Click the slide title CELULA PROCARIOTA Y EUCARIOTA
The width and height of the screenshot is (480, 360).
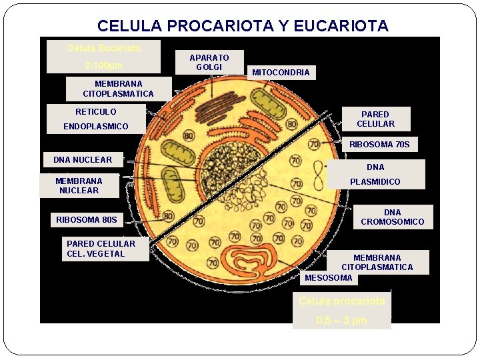tap(242, 26)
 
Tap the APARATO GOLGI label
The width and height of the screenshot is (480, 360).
tap(209, 63)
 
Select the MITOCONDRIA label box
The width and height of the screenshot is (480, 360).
tap(281, 72)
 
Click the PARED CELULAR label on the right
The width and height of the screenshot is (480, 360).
tap(375, 119)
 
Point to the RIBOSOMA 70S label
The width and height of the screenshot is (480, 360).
tap(379, 145)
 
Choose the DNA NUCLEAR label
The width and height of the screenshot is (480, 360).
tap(83, 160)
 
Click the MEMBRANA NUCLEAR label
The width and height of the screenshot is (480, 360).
tap(79, 186)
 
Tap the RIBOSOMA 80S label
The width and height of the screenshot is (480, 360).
tap(87, 219)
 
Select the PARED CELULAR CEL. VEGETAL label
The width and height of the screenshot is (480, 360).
tap(101, 249)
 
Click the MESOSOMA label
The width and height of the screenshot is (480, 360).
tap(328, 278)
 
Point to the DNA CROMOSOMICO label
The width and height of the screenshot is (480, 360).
tap(392, 217)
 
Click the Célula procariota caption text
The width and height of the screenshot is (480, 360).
tap(342, 301)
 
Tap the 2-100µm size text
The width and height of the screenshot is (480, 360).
tap(104, 66)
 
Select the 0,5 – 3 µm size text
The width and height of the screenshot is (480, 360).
tap(341, 321)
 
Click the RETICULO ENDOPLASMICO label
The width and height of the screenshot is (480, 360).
tap(96, 119)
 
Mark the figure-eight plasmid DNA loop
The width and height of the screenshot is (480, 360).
tap(319, 176)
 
